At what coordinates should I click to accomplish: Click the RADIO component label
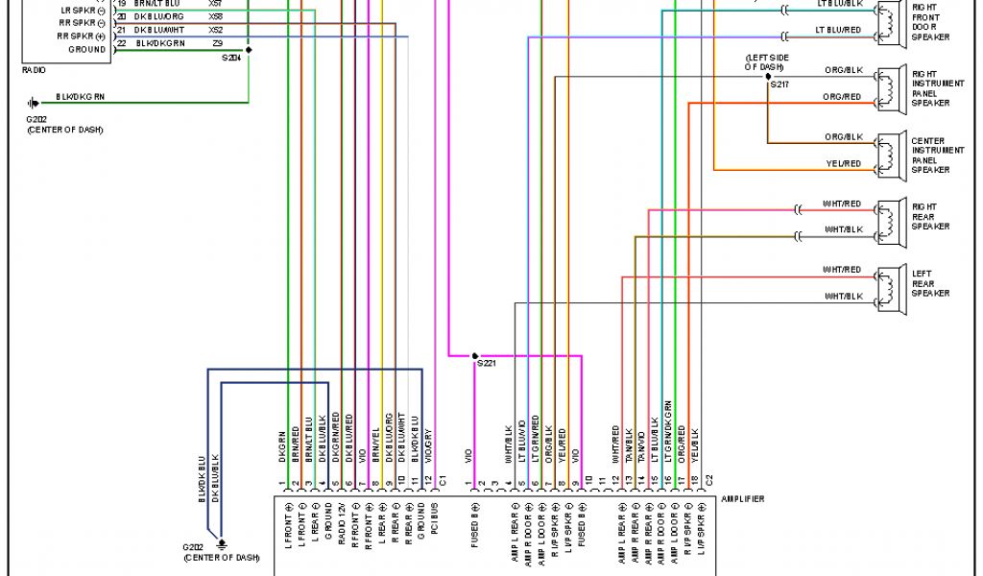33,70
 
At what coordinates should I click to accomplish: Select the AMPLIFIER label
743,498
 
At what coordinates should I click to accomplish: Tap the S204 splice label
231,59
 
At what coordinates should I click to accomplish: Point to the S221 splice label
486,364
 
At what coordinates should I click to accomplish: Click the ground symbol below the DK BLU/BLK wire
222,542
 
